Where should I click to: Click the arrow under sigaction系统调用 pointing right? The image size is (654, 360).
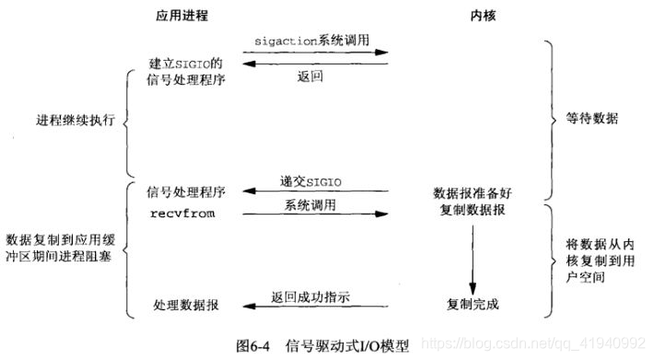tap(314, 53)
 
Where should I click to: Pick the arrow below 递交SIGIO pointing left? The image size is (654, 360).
tap(314, 192)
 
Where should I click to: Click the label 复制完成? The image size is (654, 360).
tap(472, 303)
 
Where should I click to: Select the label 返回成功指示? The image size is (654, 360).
tap(311, 296)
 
